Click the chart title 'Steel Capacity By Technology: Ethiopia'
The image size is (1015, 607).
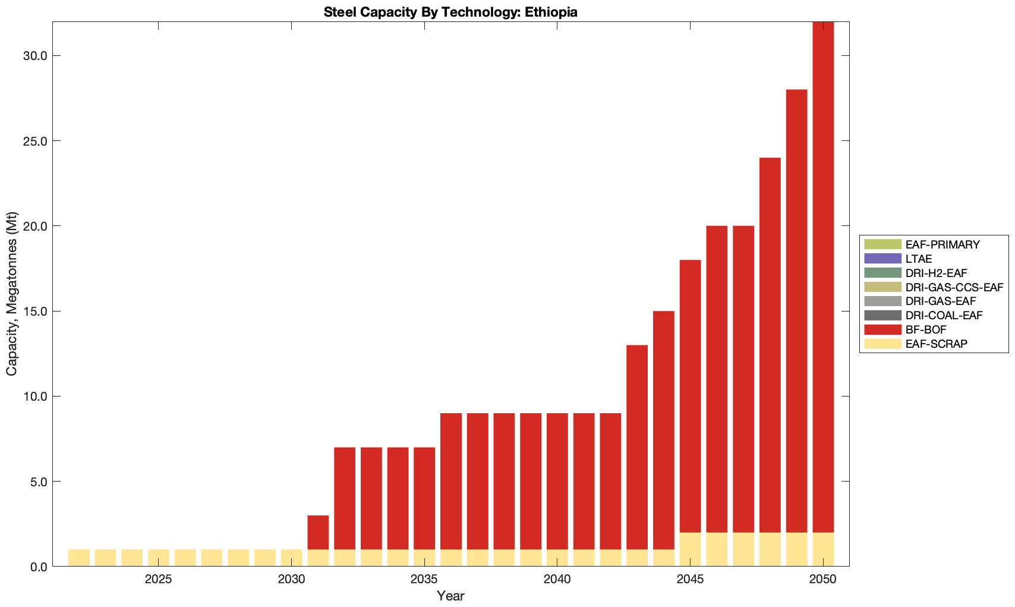click(x=450, y=12)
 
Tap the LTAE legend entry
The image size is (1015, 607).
click(x=918, y=259)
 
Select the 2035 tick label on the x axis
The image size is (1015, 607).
click(x=424, y=580)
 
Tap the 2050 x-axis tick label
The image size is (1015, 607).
click(x=823, y=580)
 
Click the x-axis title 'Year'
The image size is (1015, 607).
click(x=450, y=596)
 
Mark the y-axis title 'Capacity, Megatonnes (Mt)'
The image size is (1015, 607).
click(x=12, y=294)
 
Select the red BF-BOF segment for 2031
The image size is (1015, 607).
click(x=318, y=532)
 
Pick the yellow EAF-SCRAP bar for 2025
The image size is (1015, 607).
click(x=159, y=558)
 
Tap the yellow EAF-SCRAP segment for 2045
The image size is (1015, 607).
click(x=691, y=549)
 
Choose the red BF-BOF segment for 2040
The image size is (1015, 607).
click(x=557, y=481)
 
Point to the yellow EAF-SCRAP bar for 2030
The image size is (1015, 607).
click(x=291, y=558)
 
